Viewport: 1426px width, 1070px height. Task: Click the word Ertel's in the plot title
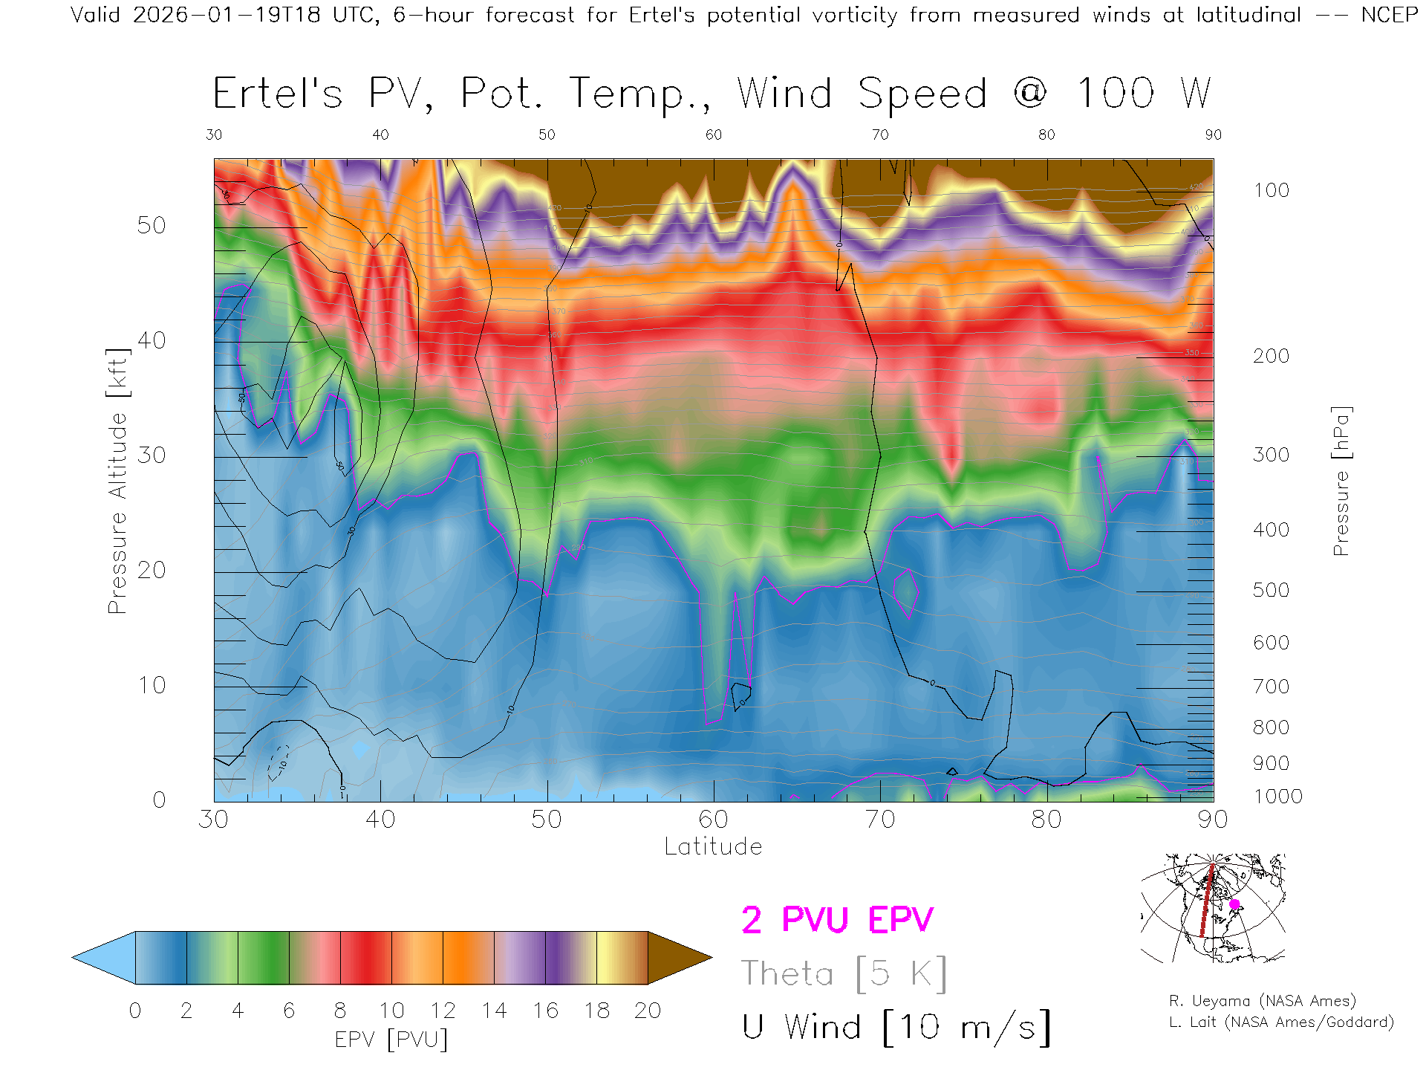point(277,94)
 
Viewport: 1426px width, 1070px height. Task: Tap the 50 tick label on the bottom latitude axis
point(547,820)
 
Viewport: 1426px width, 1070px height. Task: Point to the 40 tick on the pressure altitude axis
point(152,341)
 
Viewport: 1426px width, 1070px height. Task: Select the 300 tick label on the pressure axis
point(1271,455)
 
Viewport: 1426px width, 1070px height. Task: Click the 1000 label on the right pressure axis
point(1277,797)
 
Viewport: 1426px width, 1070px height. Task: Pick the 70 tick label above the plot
point(880,134)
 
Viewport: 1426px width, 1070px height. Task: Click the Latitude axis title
point(713,847)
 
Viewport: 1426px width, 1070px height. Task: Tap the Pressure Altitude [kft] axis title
point(117,481)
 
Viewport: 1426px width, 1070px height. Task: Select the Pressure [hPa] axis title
point(1341,481)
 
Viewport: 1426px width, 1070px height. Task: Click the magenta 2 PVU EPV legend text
point(837,920)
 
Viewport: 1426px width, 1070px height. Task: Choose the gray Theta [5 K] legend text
point(844,973)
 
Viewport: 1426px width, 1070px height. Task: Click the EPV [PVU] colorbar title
point(391,1040)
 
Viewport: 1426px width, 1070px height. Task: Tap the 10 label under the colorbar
point(391,1011)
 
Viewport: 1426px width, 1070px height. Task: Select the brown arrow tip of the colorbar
point(680,958)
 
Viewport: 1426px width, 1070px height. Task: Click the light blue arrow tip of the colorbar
point(104,958)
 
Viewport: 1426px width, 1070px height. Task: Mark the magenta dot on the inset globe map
point(1234,904)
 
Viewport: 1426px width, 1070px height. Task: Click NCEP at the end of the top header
point(1389,15)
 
